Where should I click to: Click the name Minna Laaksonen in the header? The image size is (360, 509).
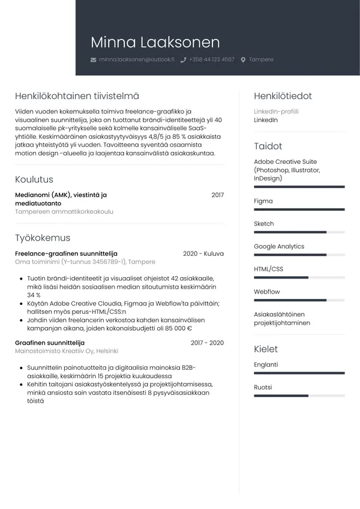tap(155, 43)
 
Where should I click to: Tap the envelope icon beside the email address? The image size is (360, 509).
tap(93, 60)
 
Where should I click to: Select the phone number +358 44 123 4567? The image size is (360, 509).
tap(211, 60)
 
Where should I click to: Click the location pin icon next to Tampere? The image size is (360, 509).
tap(243, 60)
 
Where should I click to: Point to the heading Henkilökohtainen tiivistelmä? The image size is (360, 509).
tap(77, 96)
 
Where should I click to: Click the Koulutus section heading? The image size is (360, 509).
tap(34, 179)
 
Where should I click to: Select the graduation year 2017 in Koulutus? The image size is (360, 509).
tap(217, 195)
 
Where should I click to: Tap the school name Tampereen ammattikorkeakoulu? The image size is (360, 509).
tap(64, 212)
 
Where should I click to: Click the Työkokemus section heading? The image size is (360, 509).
tap(43, 238)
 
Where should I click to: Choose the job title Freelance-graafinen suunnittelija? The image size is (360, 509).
tap(66, 253)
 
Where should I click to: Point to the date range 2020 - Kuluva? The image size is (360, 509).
tap(203, 253)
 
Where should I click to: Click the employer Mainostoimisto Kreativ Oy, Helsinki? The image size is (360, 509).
tap(67, 351)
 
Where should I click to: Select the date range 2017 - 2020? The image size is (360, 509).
tap(207, 343)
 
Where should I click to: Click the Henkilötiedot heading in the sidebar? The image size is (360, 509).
tap(283, 96)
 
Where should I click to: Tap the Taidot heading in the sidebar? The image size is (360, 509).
tap(268, 146)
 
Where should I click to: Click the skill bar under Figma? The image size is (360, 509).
tap(299, 209)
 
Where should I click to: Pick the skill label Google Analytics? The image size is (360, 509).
tap(279, 247)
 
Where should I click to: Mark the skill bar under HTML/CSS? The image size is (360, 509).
tap(299, 277)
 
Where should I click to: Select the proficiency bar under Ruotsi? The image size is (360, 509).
tap(299, 396)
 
